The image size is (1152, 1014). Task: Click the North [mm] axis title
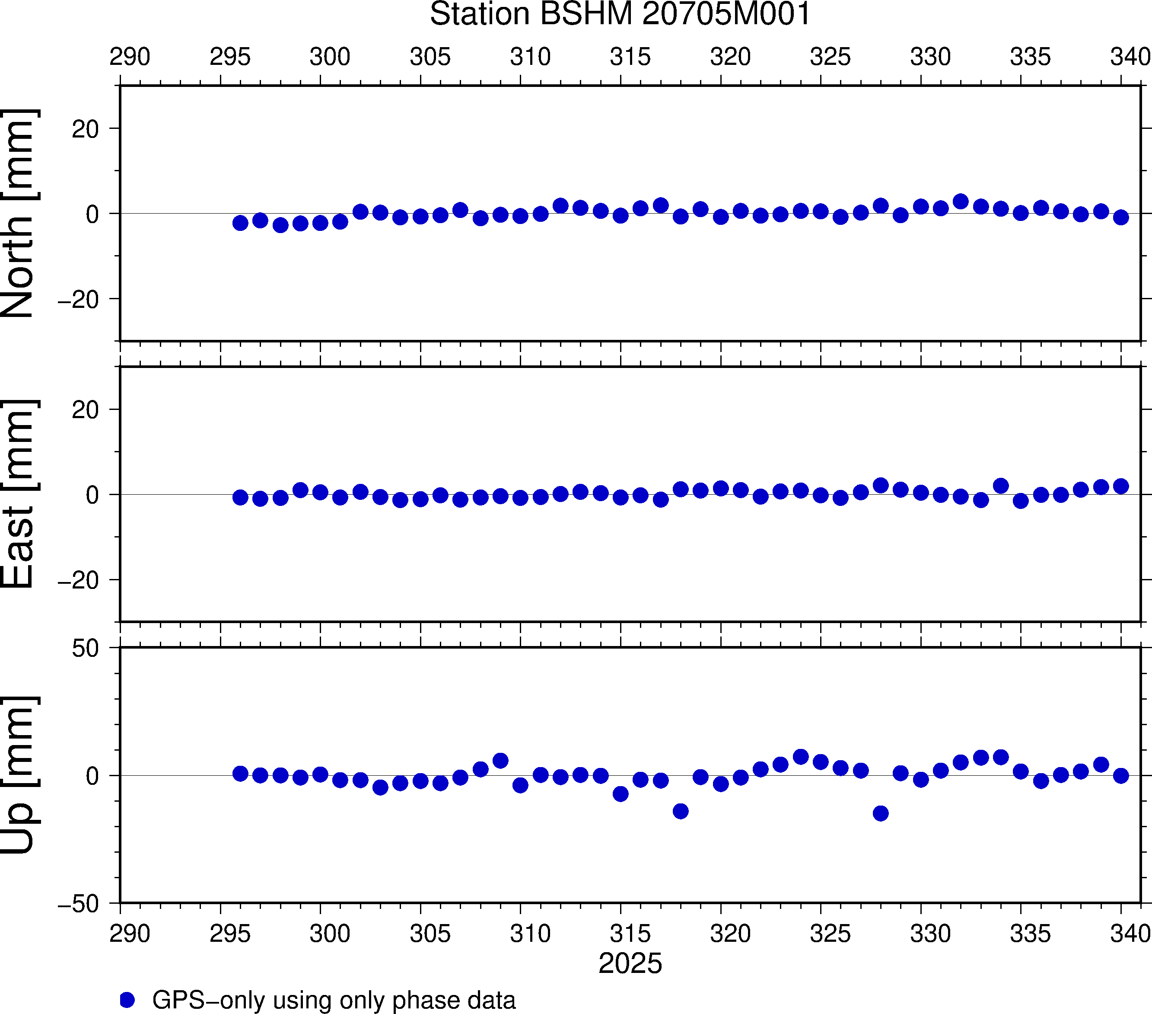[x=19, y=213]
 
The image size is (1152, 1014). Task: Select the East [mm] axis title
[x=19, y=494]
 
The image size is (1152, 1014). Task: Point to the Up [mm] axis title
[x=19, y=775]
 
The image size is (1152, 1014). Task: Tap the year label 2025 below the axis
[x=630, y=963]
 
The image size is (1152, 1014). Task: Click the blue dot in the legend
[x=127, y=1000]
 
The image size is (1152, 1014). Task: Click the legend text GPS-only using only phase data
[x=334, y=1000]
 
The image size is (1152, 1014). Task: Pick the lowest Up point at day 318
[x=680, y=811]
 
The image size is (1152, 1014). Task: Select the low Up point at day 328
[x=880, y=813]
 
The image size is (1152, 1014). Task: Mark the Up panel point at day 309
[x=500, y=760]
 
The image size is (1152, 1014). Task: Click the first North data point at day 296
[x=240, y=223]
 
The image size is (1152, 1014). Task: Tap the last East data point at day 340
[x=1120, y=486]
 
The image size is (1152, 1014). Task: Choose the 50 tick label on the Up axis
[x=85, y=649]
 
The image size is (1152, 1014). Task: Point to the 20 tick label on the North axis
[x=85, y=129]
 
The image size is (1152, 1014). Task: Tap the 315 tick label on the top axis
[x=630, y=57]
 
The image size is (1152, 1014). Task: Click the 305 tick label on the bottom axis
[x=430, y=934]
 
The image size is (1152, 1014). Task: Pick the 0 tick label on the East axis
[x=92, y=495]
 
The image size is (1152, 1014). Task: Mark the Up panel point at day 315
[x=621, y=794]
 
